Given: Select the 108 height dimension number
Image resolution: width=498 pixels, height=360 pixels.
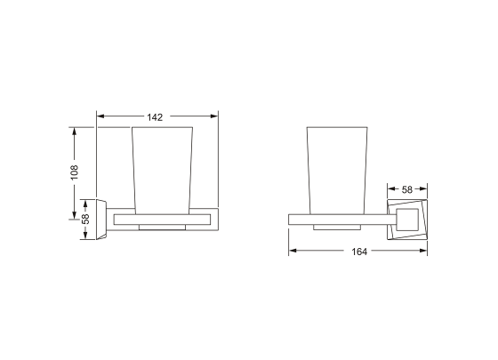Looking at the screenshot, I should click(x=76, y=171).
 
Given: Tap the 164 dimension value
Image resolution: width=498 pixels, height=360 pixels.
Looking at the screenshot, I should click(x=359, y=252).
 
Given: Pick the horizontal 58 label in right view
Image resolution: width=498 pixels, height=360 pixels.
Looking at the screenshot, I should click(x=407, y=189).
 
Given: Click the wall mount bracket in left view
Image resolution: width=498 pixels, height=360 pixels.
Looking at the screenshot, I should click(x=102, y=217).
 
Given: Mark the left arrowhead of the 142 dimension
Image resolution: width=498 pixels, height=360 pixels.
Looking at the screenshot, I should click(x=100, y=116).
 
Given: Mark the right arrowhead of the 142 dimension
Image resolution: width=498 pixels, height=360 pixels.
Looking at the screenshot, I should click(x=213, y=116).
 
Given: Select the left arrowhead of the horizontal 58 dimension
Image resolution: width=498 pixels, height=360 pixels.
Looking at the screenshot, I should click(x=390, y=189).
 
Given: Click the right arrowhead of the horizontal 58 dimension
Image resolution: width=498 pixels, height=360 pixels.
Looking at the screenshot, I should click(x=425, y=189).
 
